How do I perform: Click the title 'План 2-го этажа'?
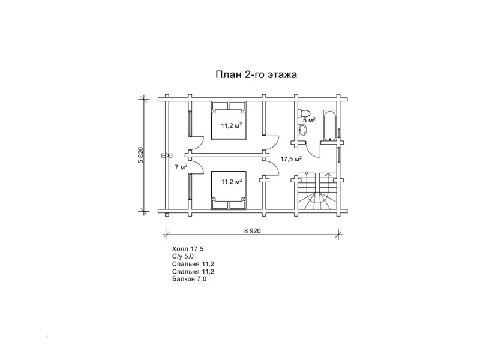[x=256, y=74]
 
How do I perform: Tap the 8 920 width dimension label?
[x=253, y=231]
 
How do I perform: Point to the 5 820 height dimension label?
[x=141, y=155]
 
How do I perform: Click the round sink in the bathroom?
[x=302, y=130]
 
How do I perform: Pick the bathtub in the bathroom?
[x=330, y=126]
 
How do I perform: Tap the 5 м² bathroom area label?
[x=309, y=121]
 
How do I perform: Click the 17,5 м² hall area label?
[x=291, y=158]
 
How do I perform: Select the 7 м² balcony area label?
[x=181, y=167]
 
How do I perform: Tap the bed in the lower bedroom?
[x=229, y=190]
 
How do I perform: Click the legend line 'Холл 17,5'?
[x=188, y=249]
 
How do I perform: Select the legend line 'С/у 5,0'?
[x=183, y=256]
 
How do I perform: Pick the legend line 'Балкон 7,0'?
[x=189, y=279]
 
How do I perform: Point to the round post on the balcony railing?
[x=167, y=155]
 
